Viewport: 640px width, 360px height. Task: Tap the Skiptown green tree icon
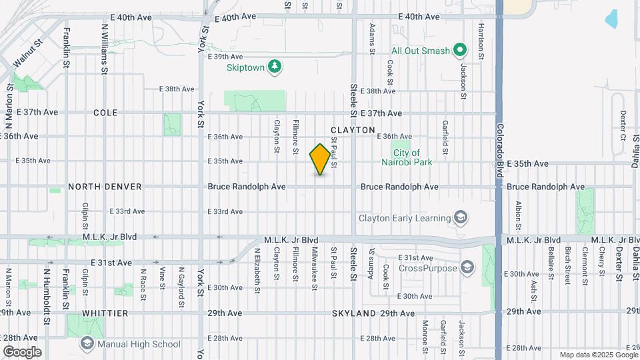[273, 66]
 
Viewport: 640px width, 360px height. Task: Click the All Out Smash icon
[459, 50]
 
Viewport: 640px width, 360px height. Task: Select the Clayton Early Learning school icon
[459, 217]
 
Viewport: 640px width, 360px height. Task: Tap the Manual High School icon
[87, 344]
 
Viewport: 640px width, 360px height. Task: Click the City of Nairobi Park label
[407, 157]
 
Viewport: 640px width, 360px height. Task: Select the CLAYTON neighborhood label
[353, 130]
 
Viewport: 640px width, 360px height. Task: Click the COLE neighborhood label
[105, 113]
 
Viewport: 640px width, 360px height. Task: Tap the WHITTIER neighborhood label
[105, 313]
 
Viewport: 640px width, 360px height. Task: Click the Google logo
[22, 351]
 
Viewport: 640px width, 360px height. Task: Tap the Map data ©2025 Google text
[597, 355]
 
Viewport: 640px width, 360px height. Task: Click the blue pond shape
[611, 19]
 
